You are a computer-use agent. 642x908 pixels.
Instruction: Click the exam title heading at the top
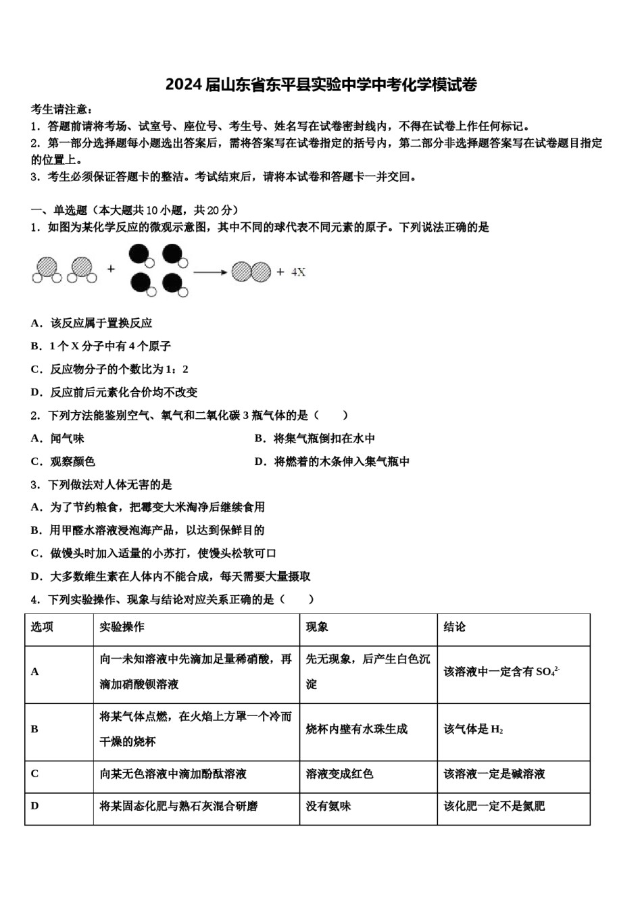click(321, 85)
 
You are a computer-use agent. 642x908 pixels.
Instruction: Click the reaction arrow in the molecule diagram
click(210, 272)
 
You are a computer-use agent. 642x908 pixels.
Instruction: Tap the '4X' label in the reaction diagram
click(298, 272)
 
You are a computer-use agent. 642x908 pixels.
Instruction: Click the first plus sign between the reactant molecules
click(111, 269)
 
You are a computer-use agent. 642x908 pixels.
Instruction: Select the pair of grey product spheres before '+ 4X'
click(251, 272)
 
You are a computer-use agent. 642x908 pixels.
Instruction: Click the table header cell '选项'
click(42, 627)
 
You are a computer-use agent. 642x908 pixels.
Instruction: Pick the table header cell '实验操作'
click(122, 627)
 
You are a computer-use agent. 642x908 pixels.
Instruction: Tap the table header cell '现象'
click(317, 627)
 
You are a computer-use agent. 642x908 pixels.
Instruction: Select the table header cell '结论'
click(454, 627)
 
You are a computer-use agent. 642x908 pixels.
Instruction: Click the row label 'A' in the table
click(35, 672)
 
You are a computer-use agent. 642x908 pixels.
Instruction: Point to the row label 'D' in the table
click(35, 805)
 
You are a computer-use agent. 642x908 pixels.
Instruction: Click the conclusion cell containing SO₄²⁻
click(501, 672)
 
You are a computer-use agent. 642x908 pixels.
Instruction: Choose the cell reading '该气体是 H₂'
click(473, 729)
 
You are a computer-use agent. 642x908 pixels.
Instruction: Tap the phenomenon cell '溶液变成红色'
click(339, 774)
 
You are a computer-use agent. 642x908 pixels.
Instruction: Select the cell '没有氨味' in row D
click(328, 806)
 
